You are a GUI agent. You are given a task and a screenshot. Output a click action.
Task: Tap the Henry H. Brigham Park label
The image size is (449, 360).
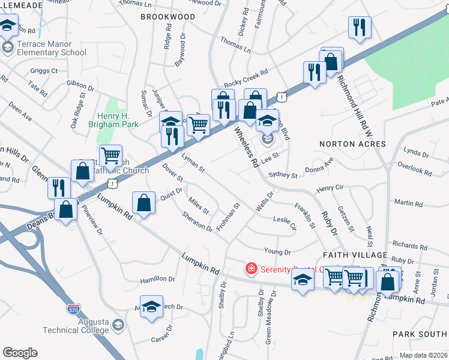[x=118, y=120]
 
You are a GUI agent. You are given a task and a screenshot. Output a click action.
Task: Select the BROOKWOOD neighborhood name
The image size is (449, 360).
[x=168, y=17]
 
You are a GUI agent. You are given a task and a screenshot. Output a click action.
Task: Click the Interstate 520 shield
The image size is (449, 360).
[x=73, y=310]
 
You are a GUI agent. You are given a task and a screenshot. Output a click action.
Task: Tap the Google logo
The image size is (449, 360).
[x=20, y=353]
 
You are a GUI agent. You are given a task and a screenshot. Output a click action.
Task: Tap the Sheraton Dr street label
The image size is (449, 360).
[x=197, y=221]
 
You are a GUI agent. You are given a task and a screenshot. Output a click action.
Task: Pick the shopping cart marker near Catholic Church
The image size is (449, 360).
[x=110, y=155]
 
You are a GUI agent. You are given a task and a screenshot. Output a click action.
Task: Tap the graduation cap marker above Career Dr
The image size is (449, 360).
[x=152, y=305]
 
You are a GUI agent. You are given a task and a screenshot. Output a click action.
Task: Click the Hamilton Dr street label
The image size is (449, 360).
[x=157, y=280]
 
